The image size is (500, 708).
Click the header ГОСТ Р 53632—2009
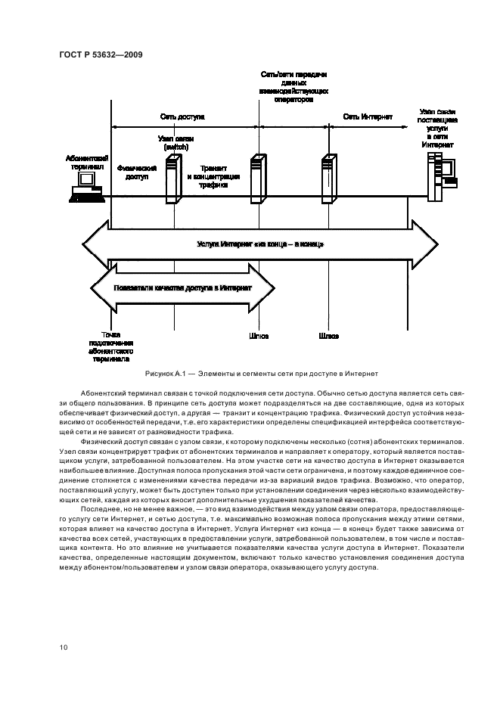101,54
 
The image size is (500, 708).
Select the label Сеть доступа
182,117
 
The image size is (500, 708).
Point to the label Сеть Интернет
368,117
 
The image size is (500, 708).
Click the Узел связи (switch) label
175,143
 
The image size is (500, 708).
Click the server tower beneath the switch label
175,177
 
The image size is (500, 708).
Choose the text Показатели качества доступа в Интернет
182,289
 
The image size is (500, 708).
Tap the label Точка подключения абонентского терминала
111,347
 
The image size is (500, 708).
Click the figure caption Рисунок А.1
260,374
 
